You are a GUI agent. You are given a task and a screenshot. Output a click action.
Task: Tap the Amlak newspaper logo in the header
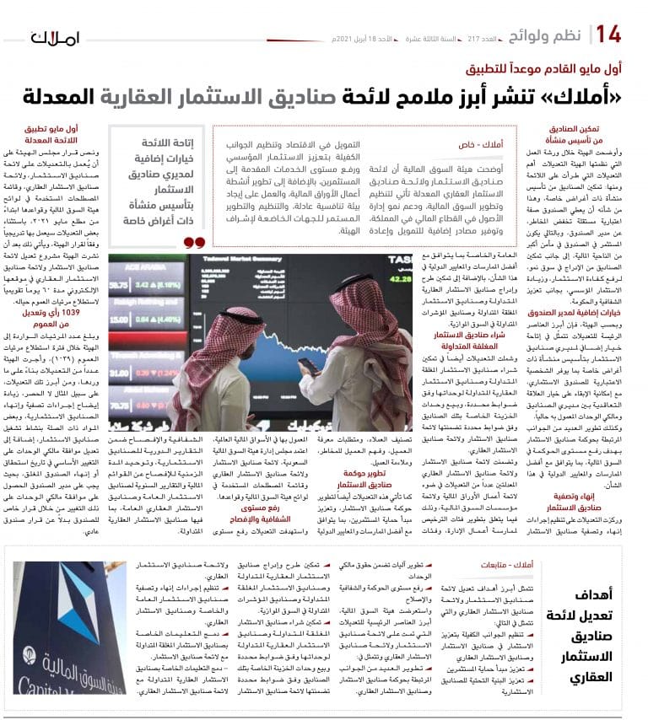(56, 38)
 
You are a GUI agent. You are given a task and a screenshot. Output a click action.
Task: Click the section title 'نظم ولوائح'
(556, 35)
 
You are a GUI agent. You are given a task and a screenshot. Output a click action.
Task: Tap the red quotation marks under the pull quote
(194, 242)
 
